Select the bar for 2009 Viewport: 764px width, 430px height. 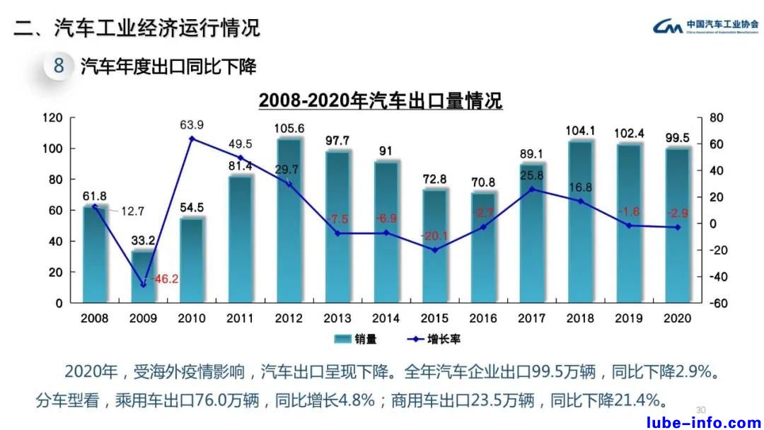coord(144,276)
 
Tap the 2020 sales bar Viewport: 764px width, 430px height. coord(678,225)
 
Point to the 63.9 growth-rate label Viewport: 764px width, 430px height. coord(192,125)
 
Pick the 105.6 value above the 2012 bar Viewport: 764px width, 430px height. coord(289,128)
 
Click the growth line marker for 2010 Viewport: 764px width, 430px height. coord(192,139)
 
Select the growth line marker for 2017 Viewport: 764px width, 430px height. coord(532,189)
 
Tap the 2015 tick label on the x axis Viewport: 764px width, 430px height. coord(434,319)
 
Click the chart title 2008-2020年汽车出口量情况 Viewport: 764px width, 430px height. coord(381,100)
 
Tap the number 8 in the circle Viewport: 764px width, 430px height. coord(59,67)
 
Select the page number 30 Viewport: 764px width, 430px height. coord(701,409)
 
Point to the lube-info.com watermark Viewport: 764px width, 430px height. coord(704,423)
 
